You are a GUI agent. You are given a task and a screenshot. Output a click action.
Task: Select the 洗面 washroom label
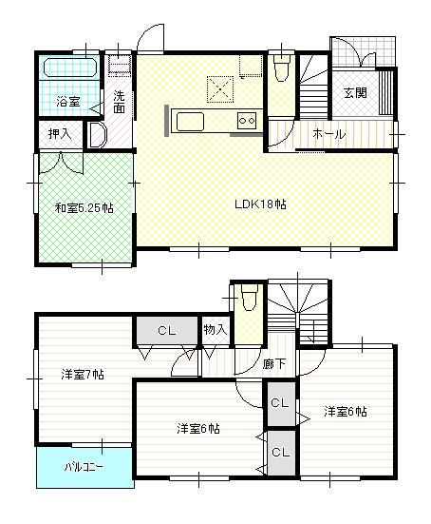pyautogui.click(x=120, y=102)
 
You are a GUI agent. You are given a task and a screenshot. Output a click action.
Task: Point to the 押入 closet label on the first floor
pyautogui.click(x=59, y=134)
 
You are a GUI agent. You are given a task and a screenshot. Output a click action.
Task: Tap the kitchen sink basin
pyautogui.click(x=188, y=121)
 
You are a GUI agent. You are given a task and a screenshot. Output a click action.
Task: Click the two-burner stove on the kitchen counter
pyautogui.click(x=247, y=120)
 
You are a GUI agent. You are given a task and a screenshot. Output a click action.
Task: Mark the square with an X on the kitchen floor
pyautogui.click(x=220, y=88)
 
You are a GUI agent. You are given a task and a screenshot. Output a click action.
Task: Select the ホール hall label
pyautogui.click(x=328, y=134)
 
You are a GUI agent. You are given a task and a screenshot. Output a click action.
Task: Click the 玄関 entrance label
pyautogui.click(x=355, y=93)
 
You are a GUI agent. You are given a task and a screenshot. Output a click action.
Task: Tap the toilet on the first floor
pyautogui.click(x=280, y=68)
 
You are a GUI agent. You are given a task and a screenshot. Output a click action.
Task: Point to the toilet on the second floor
pyautogui.click(x=251, y=301)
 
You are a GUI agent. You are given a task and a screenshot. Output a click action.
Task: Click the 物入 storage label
pyautogui.click(x=215, y=329)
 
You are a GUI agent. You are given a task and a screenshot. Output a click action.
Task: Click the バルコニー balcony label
pyautogui.click(x=84, y=468)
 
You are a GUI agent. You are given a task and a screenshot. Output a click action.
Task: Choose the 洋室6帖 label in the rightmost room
pyautogui.click(x=345, y=411)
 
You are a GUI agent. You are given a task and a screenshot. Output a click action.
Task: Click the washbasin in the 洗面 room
pyautogui.click(x=98, y=134)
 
